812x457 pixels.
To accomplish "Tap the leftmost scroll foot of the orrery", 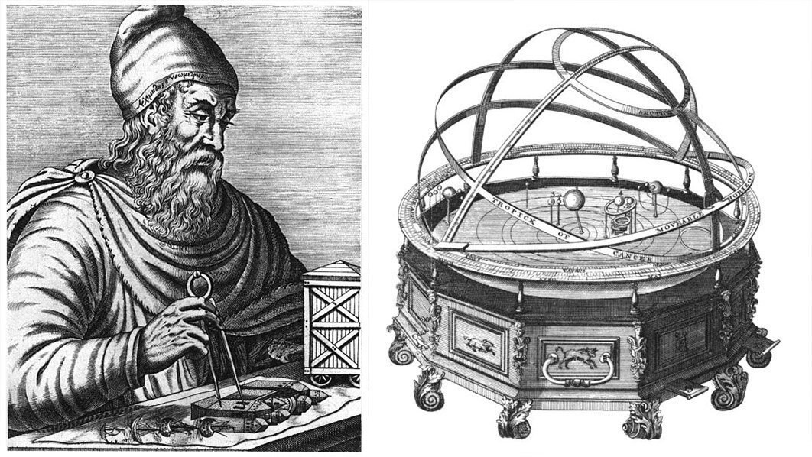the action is pyautogui.click(x=399, y=351).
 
